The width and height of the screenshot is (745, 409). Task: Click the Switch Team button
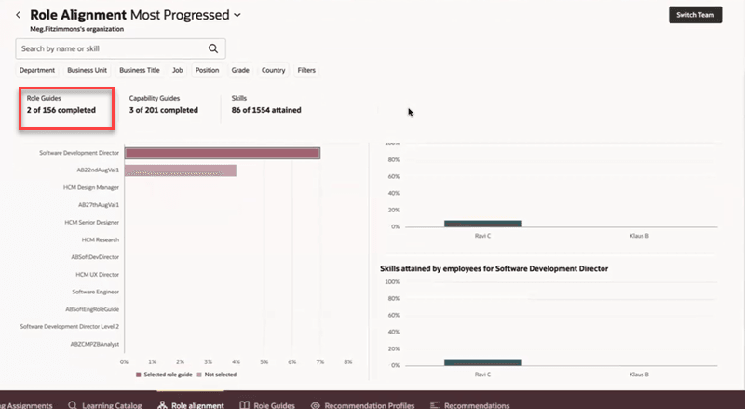tap(695, 15)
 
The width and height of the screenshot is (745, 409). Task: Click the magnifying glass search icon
tap(213, 48)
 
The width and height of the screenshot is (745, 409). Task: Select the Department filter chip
tap(37, 70)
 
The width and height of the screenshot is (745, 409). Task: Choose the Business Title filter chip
tap(140, 70)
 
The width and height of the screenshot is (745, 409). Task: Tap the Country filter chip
tap(273, 70)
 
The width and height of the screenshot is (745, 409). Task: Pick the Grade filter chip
tap(240, 70)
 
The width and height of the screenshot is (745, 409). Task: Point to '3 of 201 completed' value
tap(163, 110)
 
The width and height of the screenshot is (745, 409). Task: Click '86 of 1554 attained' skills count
tap(265, 110)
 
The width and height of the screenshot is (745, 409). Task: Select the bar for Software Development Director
tap(223, 154)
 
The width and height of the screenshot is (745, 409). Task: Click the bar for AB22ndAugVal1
tap(181, 170)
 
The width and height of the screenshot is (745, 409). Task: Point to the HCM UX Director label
tap(97, 274)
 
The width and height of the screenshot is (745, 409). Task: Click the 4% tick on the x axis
tap(237, 361)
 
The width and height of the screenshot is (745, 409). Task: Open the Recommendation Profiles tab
tap(363, 405)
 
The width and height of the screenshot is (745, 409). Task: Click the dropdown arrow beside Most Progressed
tap(237, 15)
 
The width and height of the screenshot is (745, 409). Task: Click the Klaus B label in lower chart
tap(639, 374)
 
